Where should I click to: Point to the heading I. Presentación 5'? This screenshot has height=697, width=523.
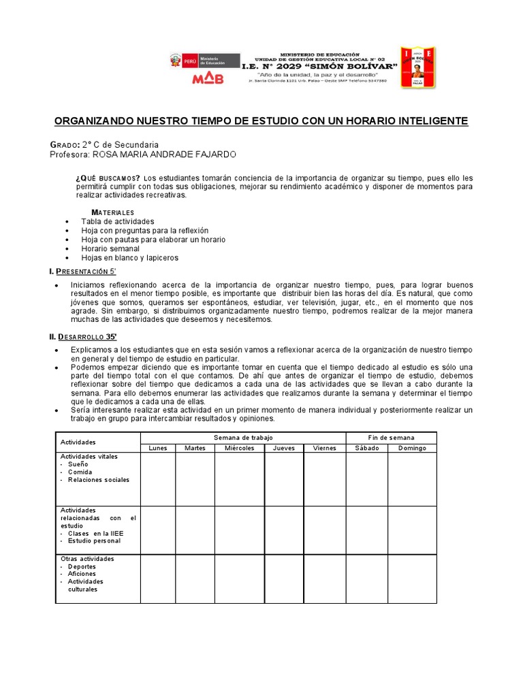86,272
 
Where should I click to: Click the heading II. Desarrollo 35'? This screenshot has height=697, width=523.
84,336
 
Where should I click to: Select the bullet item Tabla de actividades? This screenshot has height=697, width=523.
117,221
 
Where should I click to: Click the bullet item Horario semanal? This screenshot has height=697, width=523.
110,248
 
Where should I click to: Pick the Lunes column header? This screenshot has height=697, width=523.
157,448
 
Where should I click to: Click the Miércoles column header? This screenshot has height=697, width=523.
239,448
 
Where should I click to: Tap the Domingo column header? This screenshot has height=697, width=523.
412,448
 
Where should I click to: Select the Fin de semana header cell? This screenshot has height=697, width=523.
391,437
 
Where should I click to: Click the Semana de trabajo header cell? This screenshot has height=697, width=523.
242,437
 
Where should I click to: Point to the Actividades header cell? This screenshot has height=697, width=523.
78,442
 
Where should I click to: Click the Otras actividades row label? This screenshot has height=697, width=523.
87,559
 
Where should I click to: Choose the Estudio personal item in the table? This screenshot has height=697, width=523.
94,540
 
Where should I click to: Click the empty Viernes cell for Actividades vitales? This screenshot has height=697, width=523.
324,479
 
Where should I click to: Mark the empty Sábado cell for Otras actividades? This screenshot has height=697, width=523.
366,579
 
